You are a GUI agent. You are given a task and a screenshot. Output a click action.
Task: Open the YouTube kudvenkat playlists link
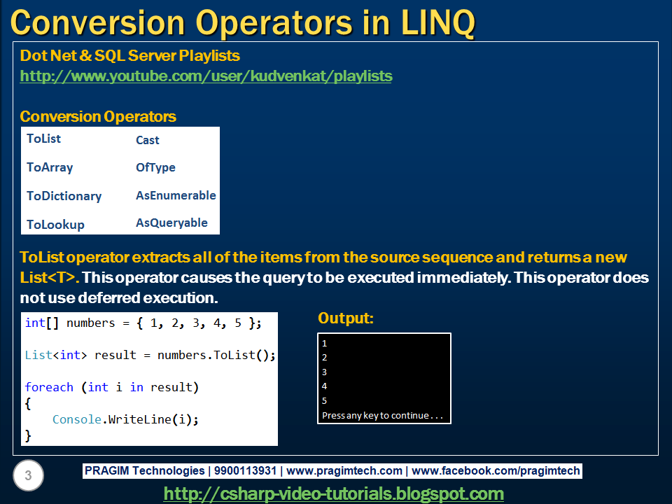point(206,76)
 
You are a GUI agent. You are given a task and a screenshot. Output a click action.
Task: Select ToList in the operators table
point(43,139)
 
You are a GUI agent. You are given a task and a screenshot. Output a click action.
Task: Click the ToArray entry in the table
point(50,167)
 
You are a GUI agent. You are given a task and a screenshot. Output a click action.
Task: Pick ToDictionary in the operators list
point(64,196)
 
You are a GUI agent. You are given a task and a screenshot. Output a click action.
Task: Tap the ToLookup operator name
point(55,225)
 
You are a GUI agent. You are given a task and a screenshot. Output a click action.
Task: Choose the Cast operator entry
point(147,140)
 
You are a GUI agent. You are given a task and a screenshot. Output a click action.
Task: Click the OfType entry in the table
point(155,167)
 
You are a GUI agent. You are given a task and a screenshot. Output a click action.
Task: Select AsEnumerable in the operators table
point(176,195)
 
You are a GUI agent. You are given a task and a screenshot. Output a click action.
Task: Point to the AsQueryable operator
point(171,223)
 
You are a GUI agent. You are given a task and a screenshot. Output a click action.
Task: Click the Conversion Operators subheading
point(98,116)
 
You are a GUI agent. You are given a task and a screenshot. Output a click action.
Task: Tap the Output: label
point(346,318)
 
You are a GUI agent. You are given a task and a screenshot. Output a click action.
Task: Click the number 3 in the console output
point(325,372)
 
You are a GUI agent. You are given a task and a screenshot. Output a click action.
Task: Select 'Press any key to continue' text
point(382,415)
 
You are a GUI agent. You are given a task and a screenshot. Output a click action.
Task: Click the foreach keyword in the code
point(49,387)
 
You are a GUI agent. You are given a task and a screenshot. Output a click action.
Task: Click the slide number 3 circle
point(28,477)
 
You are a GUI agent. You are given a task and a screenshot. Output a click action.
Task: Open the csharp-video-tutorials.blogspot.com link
point(333,493)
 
